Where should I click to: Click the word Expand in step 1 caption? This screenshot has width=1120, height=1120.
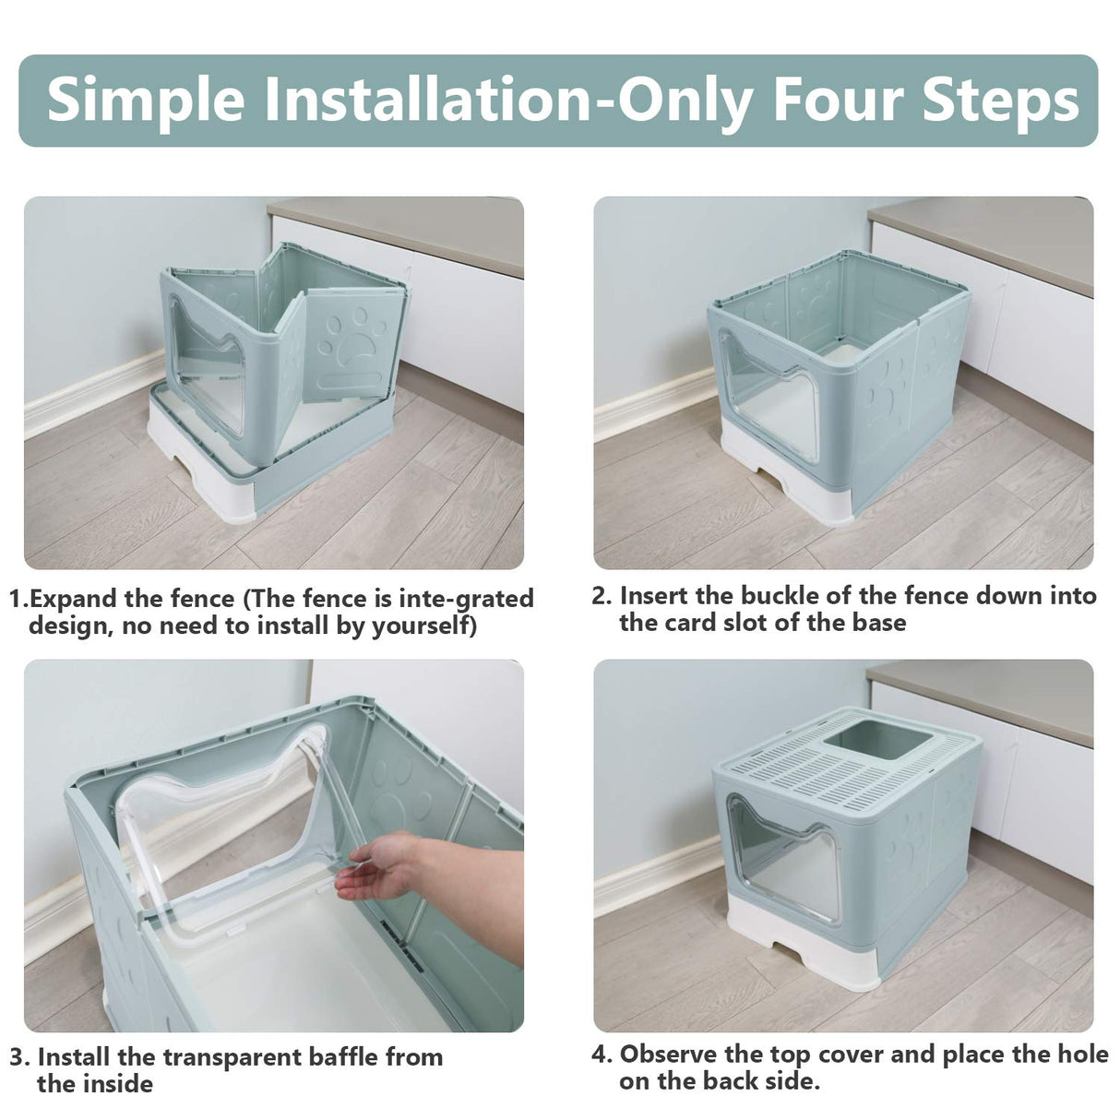pyautogui.click(x=74, y=600)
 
